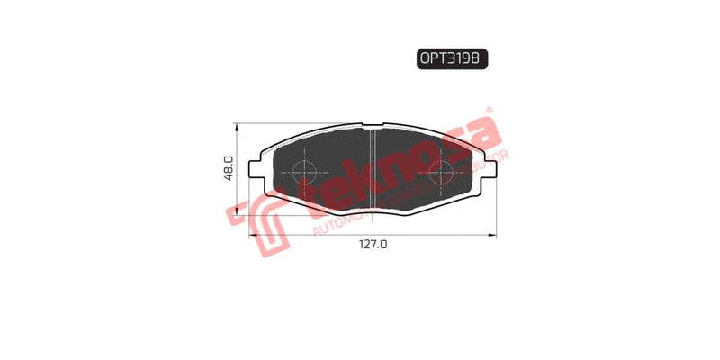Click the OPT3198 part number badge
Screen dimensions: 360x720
(x=452, y=59)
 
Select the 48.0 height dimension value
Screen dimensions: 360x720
(x=229, y=168)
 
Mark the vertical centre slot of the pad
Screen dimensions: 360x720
(x=373, y=170)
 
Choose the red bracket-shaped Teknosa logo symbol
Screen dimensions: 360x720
(x=258, y=221)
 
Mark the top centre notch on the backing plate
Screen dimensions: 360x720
(x=373, y=124)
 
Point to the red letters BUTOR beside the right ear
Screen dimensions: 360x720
(x=492, y=163)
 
